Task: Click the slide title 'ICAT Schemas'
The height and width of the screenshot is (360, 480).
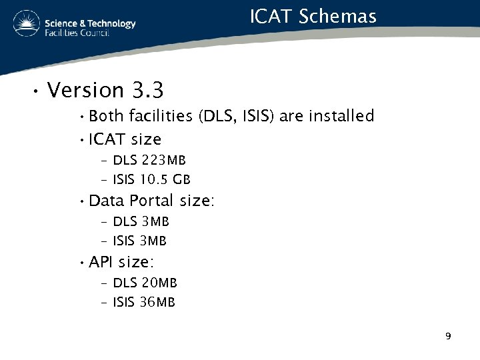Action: (313, 16)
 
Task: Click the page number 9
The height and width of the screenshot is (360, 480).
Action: (448, 336)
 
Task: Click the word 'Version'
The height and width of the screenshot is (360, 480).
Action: (86, 89)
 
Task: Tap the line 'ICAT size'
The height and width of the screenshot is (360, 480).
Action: (125, 139)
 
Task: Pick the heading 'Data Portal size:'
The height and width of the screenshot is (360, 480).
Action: (151, 201)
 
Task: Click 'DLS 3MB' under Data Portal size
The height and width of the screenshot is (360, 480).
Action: (141, 221)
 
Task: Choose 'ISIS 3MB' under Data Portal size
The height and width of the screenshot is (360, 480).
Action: (139, 240)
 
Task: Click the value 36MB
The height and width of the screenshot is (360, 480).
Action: (157, 302)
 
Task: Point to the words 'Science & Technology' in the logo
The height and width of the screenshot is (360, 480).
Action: (90, 23)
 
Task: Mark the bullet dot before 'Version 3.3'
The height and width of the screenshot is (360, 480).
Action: (33, 91)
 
